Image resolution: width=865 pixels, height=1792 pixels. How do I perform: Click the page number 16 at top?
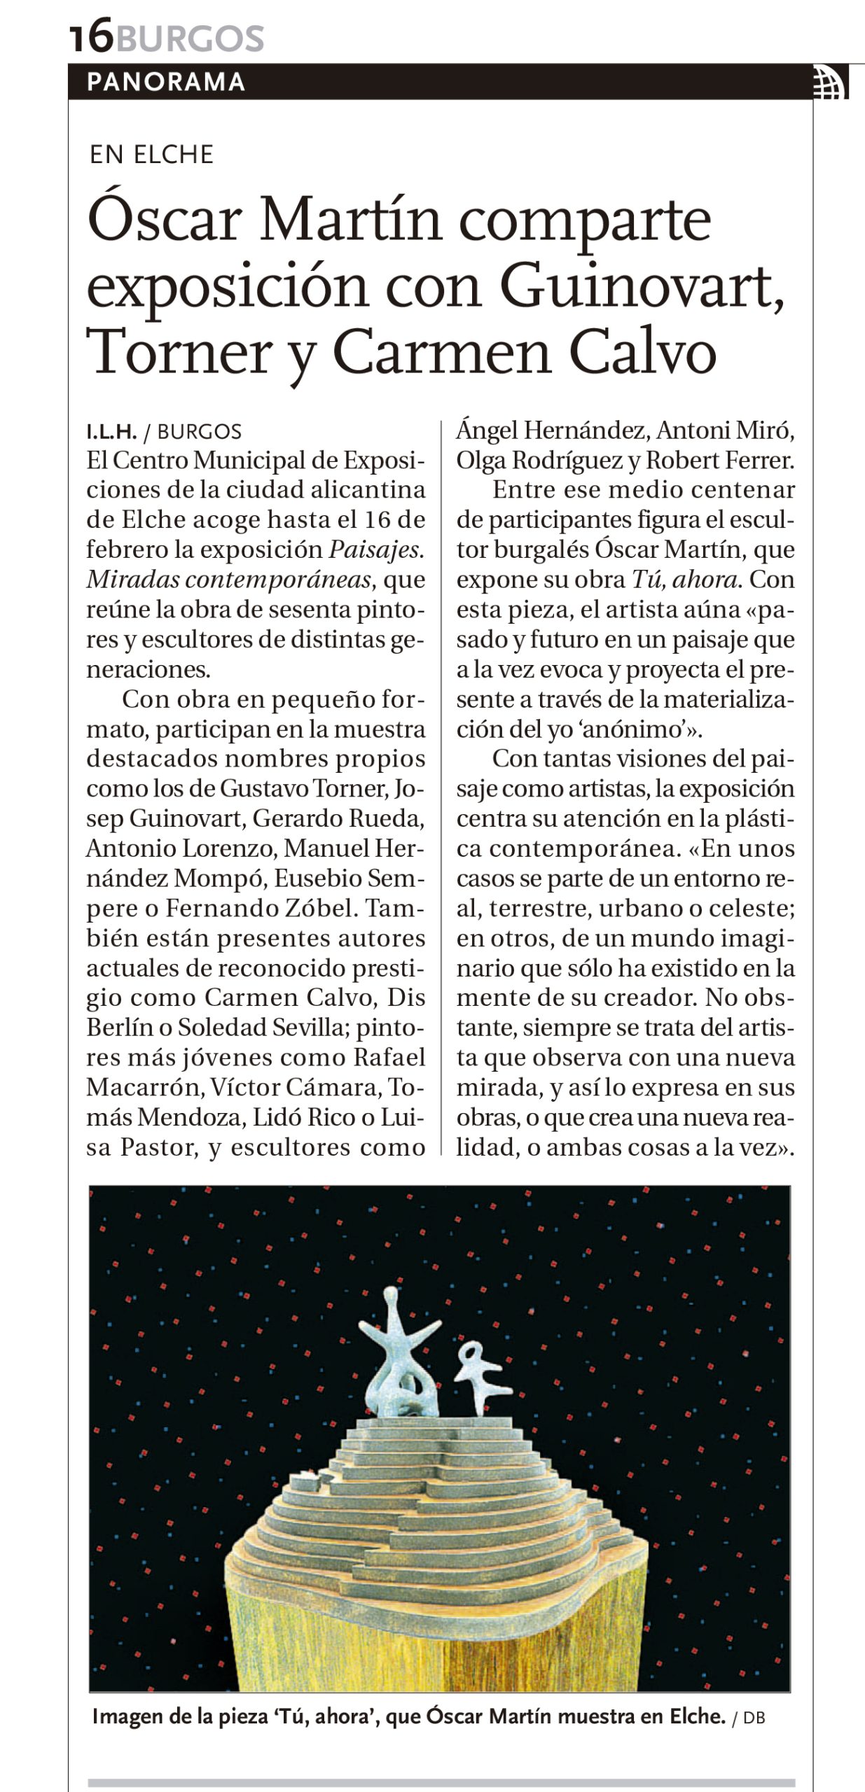[x=91, y=36]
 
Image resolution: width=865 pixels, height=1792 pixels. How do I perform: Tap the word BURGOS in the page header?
[x=190, y=38]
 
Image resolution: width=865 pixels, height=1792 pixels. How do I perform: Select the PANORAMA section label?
[x=166, y=82]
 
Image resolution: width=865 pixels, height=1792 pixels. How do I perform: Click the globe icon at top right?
[x=831, y=83]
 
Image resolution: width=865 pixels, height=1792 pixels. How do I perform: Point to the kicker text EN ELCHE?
[x=151, y=155]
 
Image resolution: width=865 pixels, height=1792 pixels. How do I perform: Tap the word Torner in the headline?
[x=179, y=352]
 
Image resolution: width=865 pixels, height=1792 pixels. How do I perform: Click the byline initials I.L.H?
[x=111, y=432]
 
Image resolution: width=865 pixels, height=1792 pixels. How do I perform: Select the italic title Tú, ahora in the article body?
[x=684, y=580]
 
